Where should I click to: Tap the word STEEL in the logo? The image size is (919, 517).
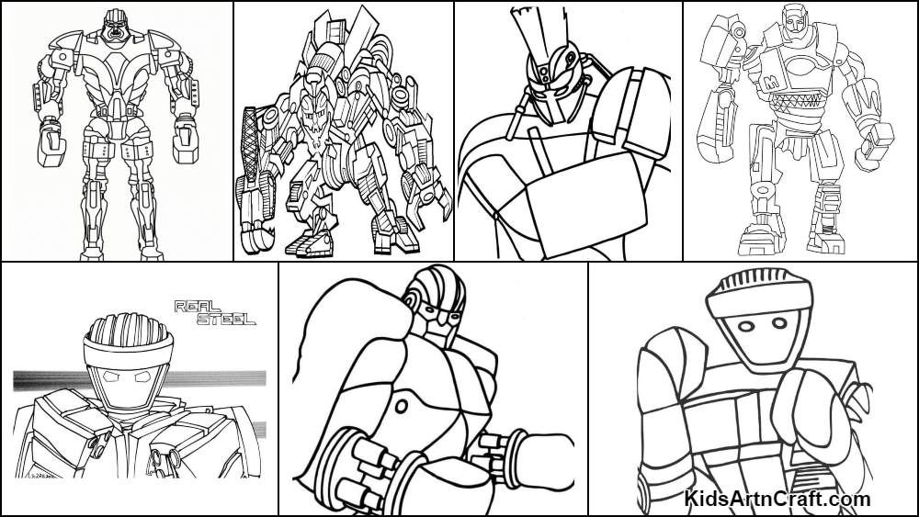click(226, 319)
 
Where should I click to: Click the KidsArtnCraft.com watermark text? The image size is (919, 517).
click(777, 499)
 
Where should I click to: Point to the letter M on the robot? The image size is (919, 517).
click(772, 84)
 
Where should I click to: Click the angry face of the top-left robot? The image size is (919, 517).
click(115, 29)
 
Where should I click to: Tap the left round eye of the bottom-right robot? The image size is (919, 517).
click(745, 325)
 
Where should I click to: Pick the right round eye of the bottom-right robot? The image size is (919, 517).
click(779, 323)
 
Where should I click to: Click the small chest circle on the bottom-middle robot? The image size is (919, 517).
click(402, 406)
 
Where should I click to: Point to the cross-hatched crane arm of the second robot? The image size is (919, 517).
click(251, 141)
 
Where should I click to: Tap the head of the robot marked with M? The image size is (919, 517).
click(795, 20)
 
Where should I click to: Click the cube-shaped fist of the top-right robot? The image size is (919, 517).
click(878, 139)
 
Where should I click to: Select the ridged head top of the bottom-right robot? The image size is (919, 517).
click(759, 290)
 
